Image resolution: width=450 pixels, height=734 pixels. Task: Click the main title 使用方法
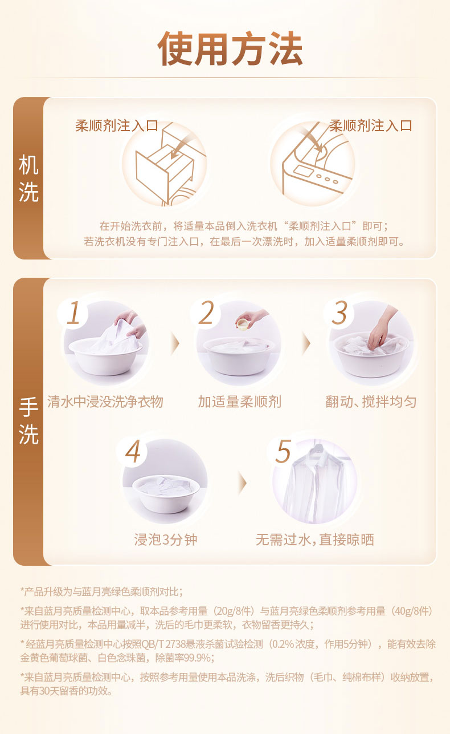[x=230, y=49]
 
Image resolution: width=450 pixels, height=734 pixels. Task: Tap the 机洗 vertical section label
[x=28, y=179]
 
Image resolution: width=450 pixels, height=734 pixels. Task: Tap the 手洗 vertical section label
[x=28, y=420]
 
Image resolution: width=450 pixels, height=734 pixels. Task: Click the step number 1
[x=73, y=313]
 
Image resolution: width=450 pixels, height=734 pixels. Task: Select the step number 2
[x=206, y=313]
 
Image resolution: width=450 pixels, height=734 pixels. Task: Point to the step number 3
[x=339, y=313]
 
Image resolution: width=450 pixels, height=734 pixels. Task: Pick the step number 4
[x=133, y=451]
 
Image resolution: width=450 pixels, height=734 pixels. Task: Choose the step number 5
[x=283, y=451]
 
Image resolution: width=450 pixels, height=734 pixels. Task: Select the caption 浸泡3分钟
[x=166, y=540]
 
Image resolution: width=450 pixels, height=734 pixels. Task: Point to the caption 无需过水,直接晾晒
[x=314, y=540]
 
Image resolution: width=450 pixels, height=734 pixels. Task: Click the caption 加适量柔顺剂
[x=240, y=402]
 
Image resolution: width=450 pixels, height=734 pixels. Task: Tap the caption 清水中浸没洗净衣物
[x=105, y=402]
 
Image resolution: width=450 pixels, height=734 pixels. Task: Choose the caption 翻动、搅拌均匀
[x=371, y=402]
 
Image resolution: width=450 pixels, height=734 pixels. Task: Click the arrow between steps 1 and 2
[x=176, y=343]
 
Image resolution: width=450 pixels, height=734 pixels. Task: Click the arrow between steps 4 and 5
[x=242, y=483]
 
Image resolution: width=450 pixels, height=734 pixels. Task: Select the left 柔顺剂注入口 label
[x=117, y=125]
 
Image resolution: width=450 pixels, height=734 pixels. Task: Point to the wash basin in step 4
[x=166, y=494]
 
